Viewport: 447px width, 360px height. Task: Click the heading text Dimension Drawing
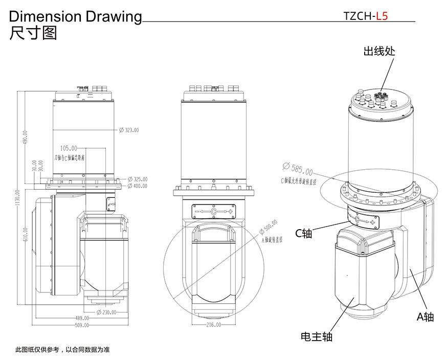[x=76, y=16]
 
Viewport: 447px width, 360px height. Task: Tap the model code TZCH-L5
[x=366, y=15]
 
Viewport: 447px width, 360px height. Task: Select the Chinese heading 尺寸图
[x=33, y=33]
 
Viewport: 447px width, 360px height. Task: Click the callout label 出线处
[x=379, y=52]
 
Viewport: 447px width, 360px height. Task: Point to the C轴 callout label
[x=303, y=233]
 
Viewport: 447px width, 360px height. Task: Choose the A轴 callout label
[x=424, y=317]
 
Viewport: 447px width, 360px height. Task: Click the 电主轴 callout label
[x=317, y=336]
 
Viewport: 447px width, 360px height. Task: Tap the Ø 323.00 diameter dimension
[x=129, y=130]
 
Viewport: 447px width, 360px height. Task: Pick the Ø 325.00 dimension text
[x=137, y=179]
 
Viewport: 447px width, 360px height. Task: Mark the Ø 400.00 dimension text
[x=137, y=186]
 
